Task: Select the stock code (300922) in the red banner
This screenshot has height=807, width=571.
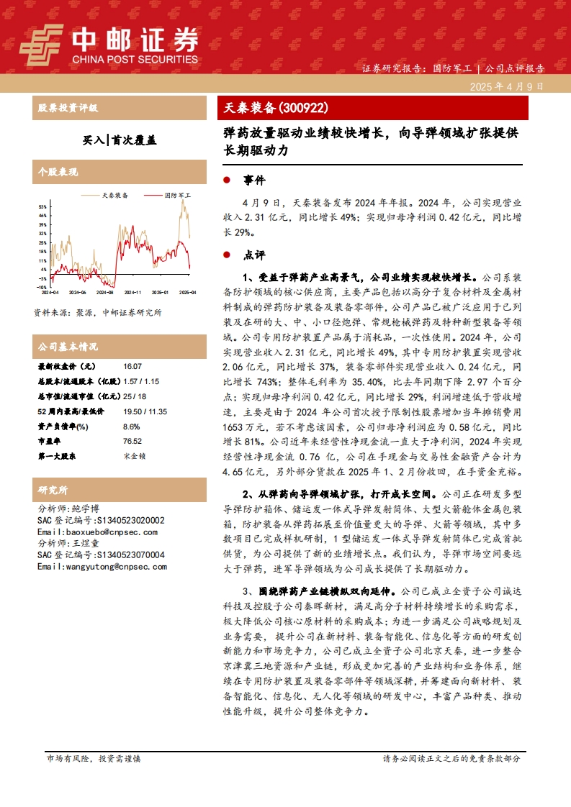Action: tap(303, 109)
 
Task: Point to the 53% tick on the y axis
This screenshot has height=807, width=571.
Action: tap(42, 206)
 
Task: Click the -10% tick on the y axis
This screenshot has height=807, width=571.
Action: tap(42, 287)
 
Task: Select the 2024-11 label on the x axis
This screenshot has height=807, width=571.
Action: tap(132, 293)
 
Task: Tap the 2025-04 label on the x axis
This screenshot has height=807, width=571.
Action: tap(188, 293)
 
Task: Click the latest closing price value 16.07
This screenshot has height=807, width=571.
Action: tap(133, 367)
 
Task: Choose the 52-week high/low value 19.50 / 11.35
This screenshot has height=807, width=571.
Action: tap(145, 411)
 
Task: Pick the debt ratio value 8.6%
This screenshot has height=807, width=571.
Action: tap(131, 427)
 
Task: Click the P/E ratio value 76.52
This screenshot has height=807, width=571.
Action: tap(132, 441)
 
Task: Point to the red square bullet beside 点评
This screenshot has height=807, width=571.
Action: tap(227, 255)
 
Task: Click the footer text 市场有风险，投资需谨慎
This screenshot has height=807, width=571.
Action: tap(94, 759)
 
